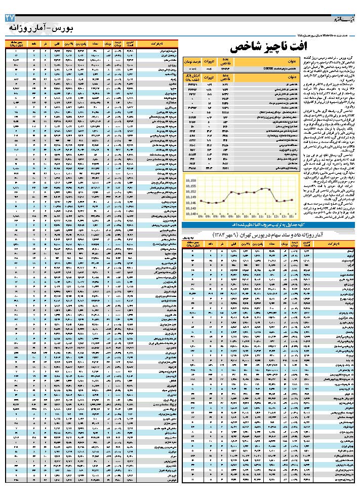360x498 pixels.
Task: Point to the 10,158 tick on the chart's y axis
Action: pos(190,179)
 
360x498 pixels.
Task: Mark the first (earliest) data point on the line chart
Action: pos(201,201)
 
